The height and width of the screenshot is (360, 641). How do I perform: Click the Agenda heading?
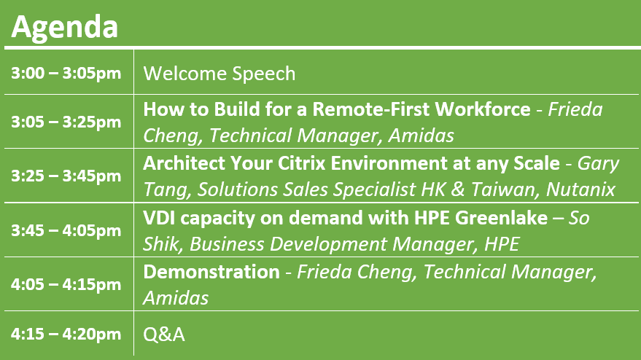tap(65, 28)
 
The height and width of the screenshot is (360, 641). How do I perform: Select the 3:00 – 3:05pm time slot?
tap(66, 74)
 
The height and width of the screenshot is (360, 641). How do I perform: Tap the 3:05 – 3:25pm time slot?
tap(66, 122)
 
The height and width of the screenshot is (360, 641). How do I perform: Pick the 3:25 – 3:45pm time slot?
tap(66, 176)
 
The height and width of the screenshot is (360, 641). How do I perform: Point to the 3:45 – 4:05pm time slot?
tap(66, 230)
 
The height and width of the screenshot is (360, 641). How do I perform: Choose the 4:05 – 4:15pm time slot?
tap(66, 284)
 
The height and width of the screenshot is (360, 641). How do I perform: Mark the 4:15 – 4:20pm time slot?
tap(66, 334)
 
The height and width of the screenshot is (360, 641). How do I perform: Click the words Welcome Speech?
tap(219, 74)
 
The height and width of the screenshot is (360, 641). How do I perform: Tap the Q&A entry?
tap(164, 334)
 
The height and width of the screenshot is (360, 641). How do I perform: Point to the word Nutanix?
tap(580, 189)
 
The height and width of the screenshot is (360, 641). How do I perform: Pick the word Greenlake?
tap(501, 217)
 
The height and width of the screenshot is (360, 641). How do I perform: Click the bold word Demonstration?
tap(211, 272)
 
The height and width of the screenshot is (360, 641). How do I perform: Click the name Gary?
tap(598, 164)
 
